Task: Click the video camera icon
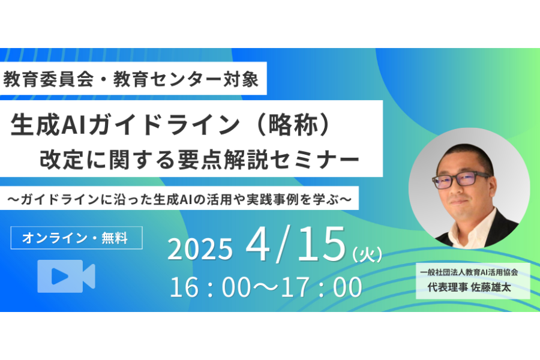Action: (x=66, y=276)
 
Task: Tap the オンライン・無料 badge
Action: (x=76, y=238)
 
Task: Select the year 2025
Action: (x=200, y=249)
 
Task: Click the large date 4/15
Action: (x=295, y=244)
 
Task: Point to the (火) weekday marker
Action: (x=367, y=254)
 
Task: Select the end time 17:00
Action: (x=322, y=287)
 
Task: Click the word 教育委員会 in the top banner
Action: (x=49, y=79)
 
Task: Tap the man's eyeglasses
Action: (x=461, y=179)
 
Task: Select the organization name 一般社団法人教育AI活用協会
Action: (x=469, y=272)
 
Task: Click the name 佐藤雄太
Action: (x=491, y=287)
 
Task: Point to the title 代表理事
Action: (x=448, y=287)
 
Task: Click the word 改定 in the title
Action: (x=61, y=160)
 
